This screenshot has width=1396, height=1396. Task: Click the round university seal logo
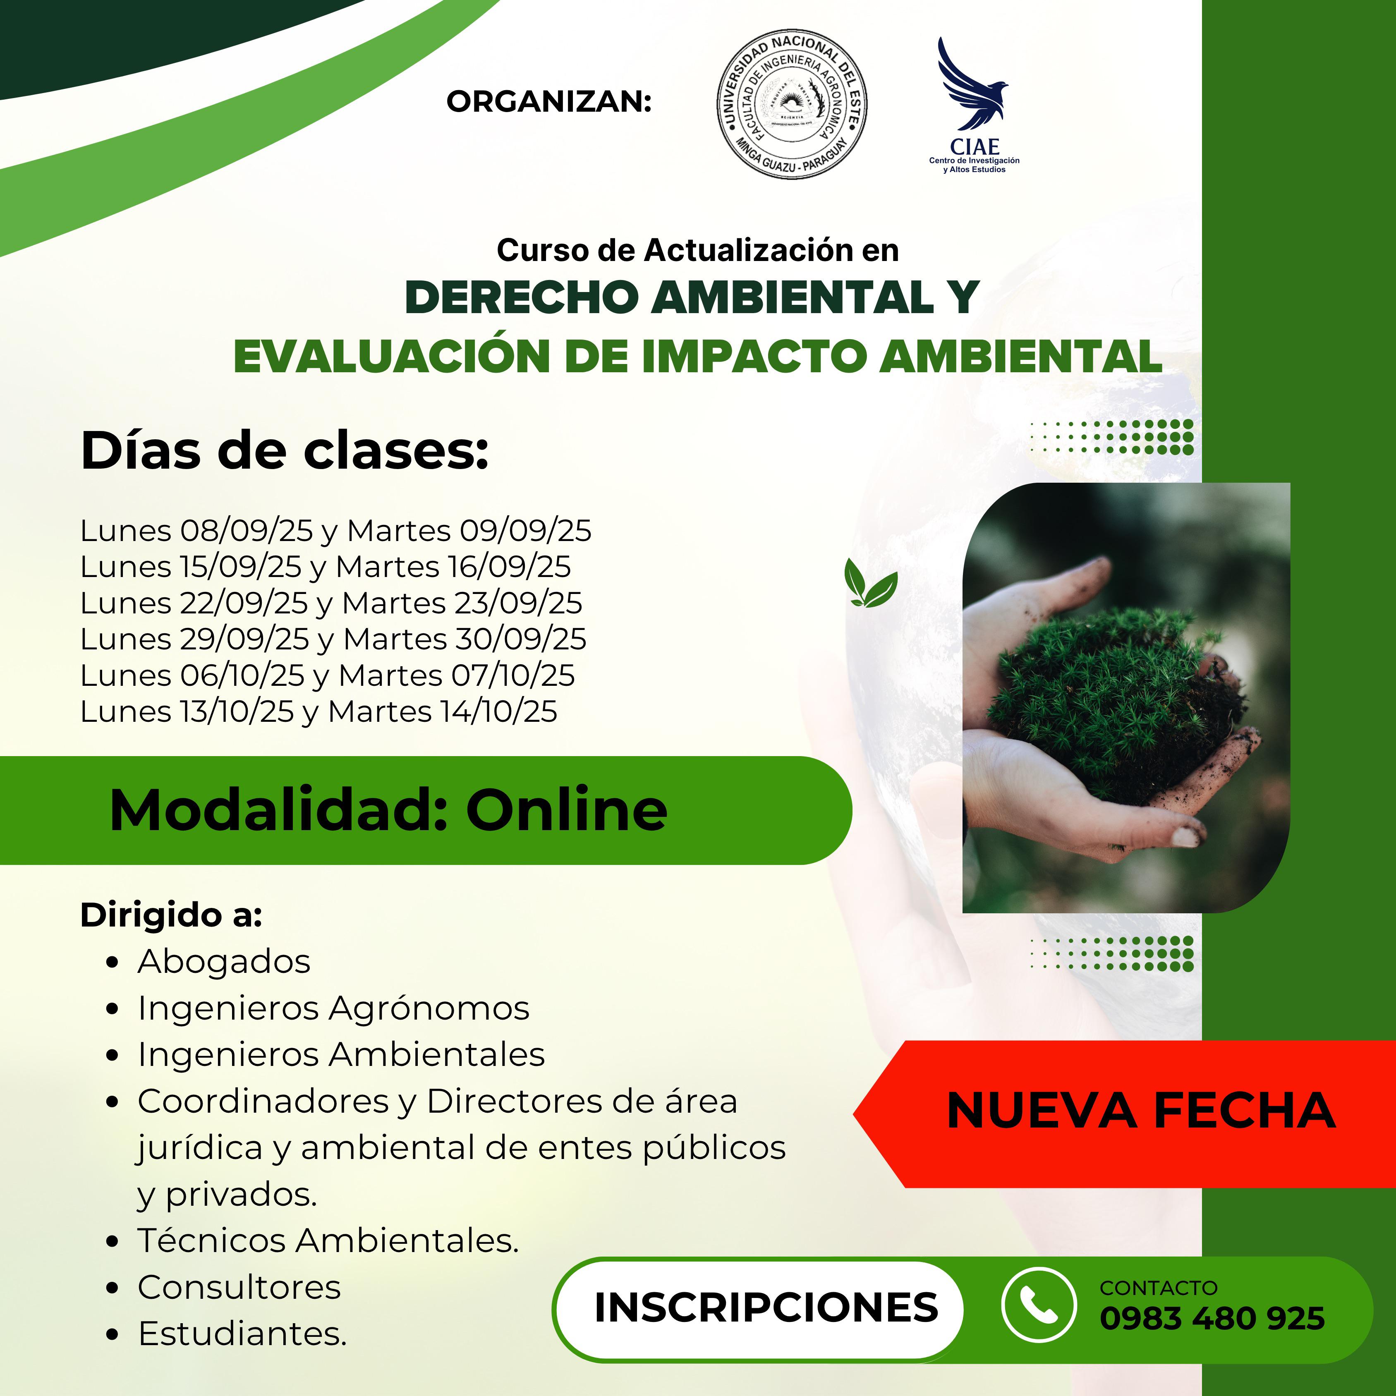pyautogui.click(x=793, y=105)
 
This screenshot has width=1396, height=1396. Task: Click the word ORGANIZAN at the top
pyautogui.click(x=549, y=102)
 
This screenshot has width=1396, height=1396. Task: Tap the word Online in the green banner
pyautogui.click(x=567, y=810)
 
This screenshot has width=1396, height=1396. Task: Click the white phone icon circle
pyautogui.click(x=1038, y=1305)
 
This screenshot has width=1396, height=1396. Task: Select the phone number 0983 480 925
pyautogui.click(x=1212, y=1318)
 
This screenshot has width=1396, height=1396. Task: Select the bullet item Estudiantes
pyautogui.click(x=242, y=1334)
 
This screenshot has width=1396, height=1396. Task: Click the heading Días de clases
pyautogui.click(x=285, y=450)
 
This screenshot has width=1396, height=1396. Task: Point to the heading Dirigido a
pyautogui.click(x=171, y=915)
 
